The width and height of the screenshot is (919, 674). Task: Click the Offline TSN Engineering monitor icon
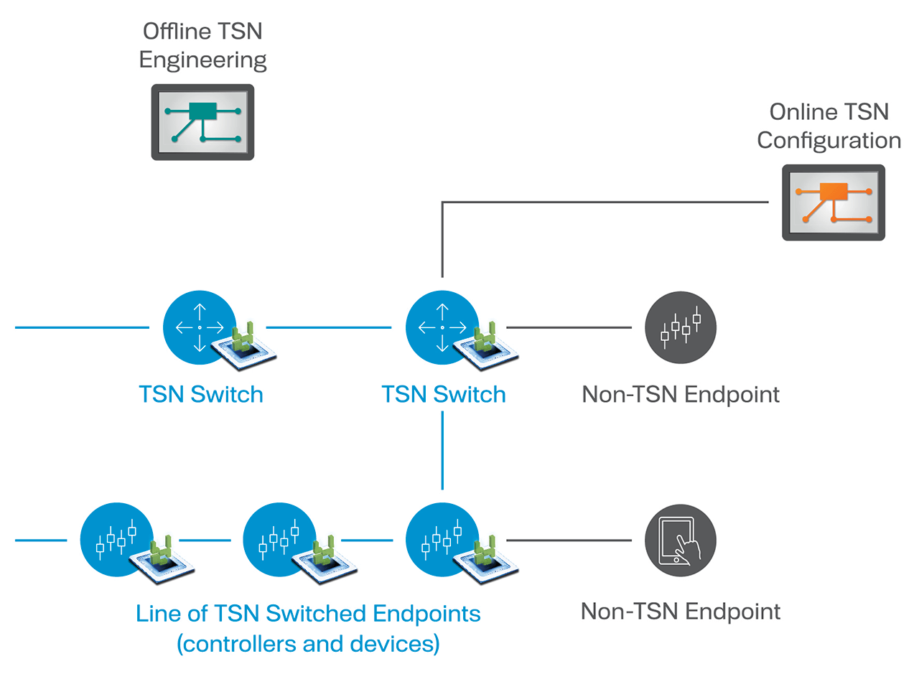202,122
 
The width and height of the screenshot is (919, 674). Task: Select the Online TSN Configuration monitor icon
833,202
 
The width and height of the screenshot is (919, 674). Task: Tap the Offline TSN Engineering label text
202,45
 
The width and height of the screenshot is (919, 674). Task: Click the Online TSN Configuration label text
829,126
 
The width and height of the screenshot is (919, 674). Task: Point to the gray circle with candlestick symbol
681,326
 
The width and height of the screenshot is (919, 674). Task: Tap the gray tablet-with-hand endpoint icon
681,540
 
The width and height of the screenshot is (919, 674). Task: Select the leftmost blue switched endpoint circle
113,540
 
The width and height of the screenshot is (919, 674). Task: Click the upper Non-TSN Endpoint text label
681,394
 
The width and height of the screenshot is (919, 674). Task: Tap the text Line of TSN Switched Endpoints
308,614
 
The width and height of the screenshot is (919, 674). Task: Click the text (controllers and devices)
308,644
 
